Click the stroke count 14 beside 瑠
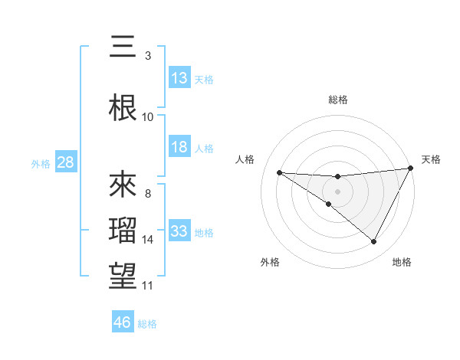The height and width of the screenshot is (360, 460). [148, 240]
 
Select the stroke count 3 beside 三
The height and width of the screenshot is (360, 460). [148, 55]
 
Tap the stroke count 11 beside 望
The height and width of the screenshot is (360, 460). [148, 286]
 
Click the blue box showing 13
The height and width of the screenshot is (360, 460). [179, 78]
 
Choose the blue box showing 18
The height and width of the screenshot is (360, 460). [179, 147]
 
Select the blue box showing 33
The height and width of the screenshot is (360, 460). [179, 231]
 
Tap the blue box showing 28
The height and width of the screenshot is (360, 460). [65, 162]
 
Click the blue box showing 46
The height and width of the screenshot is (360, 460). [123, 322]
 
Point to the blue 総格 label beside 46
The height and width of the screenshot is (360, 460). [147, 324]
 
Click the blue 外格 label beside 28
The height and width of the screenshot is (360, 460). [40, 163]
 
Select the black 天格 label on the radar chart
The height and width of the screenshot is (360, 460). [431, 159]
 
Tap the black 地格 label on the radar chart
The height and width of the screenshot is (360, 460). [402, 262]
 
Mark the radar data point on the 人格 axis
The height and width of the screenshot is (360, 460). [279, 172]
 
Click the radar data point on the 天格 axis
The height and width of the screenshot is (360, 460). [410, 169]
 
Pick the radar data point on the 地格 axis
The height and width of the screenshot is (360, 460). [373, 242]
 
